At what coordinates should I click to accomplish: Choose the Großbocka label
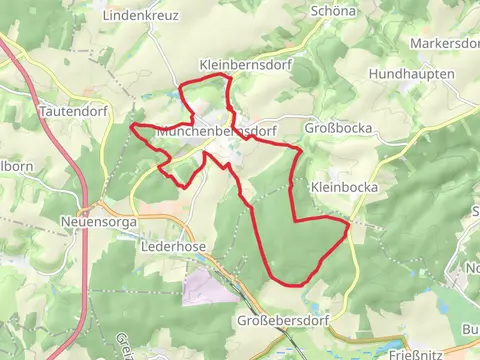(x=338, y=129)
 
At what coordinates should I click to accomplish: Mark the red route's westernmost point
(x=132, y=127)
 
